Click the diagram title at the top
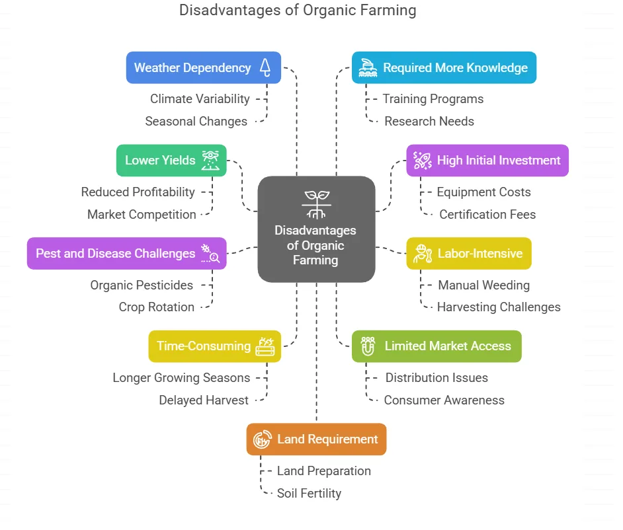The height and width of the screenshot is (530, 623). tap(298, 11)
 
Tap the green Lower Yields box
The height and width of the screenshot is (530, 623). tap(171, 161)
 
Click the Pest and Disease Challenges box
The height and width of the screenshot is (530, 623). tap(126, 253)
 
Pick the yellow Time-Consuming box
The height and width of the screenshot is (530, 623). tap(214, 346)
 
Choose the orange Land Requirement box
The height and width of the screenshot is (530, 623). tap(316, 439)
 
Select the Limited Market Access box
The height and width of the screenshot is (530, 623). tap(436, 346)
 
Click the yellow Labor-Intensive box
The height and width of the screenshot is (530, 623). tap(469, 253)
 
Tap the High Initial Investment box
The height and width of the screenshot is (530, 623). tap(487, 161)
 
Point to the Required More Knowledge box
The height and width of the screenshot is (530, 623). tap(444, 67)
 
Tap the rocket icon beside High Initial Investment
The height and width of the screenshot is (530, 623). tap(422, 161)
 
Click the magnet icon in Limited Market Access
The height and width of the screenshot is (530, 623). tap(368, 346)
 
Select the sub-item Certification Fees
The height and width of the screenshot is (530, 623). tap(487, 214)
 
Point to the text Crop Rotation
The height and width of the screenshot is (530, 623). tap(157, 307)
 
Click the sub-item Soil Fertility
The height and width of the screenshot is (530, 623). tap(309, 493)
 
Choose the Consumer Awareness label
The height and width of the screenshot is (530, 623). tap(444, 400)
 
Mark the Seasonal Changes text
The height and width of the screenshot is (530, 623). tap(196, 121)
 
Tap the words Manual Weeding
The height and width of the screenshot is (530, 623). tap(483, 285)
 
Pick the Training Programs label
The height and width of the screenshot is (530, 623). tap(433, 98)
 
